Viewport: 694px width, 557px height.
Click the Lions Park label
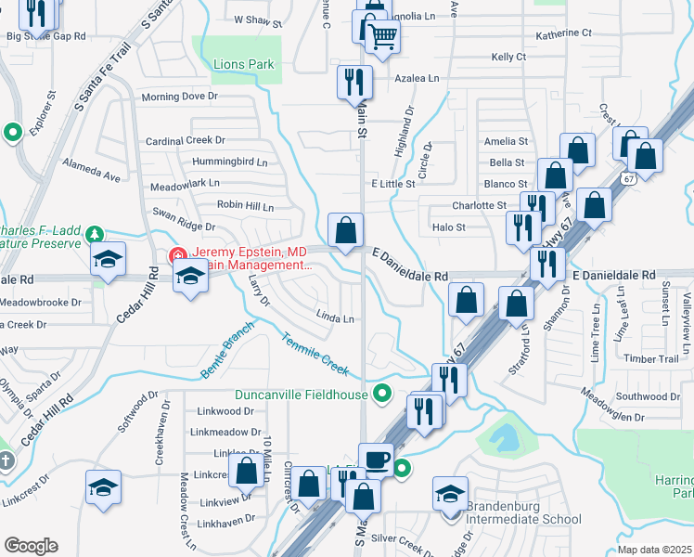244,64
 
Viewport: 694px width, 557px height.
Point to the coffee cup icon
376,459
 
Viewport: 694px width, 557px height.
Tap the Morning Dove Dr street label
179,97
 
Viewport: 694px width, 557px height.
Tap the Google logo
31,546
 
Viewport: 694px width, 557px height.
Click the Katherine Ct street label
563,33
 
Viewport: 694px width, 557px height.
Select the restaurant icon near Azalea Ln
353,82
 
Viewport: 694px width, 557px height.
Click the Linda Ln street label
335,318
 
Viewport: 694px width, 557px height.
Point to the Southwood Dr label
649,396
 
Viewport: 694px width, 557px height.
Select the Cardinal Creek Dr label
186,141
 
